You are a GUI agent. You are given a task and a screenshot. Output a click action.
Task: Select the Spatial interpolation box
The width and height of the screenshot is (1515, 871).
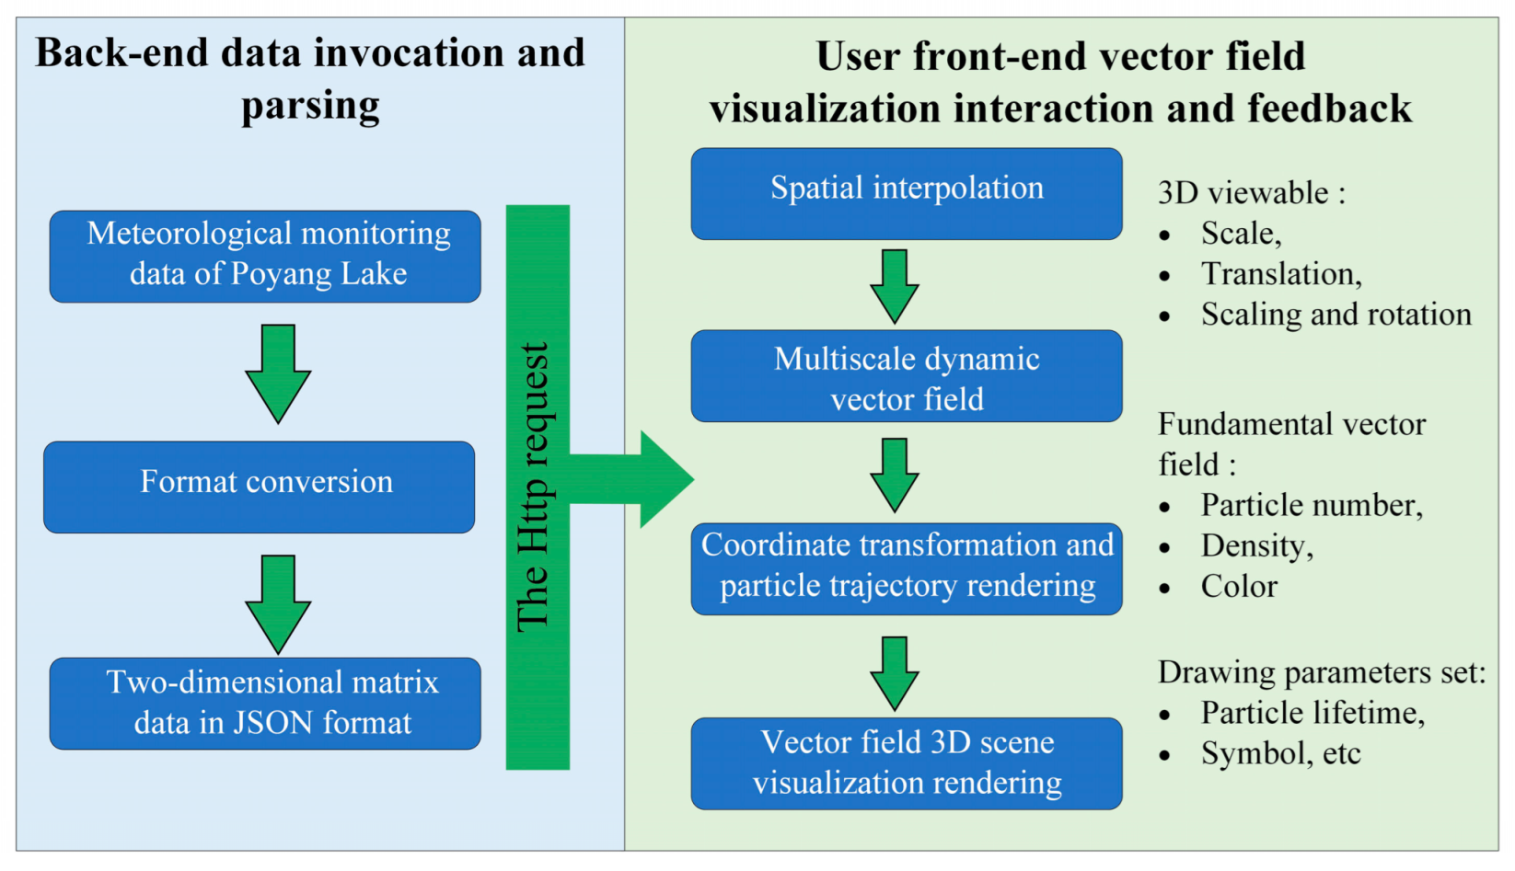907,193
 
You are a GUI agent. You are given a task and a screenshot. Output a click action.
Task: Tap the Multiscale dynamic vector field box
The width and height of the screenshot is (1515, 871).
907,376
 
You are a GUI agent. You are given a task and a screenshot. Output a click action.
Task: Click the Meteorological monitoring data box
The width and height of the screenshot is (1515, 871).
265,256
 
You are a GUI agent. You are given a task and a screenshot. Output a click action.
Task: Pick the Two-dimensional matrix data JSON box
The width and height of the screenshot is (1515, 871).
265,703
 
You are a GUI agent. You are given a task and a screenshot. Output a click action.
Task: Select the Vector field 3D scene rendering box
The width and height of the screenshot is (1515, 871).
907,763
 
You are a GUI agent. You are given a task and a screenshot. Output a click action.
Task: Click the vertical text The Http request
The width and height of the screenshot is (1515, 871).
534,487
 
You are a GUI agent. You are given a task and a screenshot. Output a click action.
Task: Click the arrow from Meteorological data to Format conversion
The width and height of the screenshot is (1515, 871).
278,372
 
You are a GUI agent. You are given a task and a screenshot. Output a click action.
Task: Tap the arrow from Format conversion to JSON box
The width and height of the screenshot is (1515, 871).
278,603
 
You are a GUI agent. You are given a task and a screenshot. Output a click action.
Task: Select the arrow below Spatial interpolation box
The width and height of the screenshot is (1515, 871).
894,285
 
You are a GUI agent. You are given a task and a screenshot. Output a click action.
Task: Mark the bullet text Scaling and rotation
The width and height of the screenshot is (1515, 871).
1336,315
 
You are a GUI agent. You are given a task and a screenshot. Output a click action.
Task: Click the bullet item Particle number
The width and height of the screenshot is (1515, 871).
1312,505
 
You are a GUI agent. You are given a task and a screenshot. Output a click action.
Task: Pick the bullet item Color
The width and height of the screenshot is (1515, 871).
1239,587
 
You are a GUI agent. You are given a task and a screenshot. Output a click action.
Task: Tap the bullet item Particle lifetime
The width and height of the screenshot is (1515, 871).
1313,713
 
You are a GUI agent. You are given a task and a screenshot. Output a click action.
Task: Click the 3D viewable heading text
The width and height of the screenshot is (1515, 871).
1251,193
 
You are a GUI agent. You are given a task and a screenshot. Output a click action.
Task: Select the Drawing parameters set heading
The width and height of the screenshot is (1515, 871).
1321,672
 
